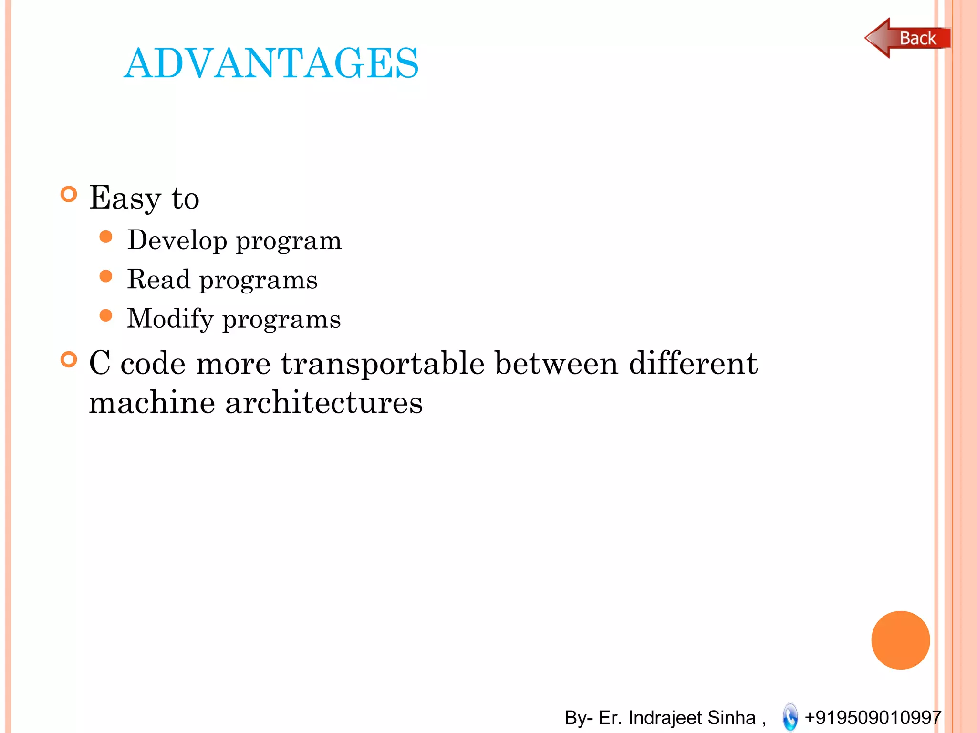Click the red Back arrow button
click(x=906, y=38)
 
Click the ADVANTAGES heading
click(x=271, y=63)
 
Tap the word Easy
click(x=125, y=198)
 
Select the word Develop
click(x=177, y=240)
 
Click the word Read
click(x=158, y=279)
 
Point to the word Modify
click(x=170, y=319)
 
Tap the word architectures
click(x=324, y=402)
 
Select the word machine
click(x=152, y=402)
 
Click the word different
click(x=693, y=363)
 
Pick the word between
click(x=557, y=363)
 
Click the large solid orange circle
click(x=900, y=640)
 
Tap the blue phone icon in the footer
click(x=790, y=717)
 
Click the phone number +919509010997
click(x=873, y=717)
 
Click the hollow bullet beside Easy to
click(x=69, y=194)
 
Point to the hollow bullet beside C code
click(x=69, y=360)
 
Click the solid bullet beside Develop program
click(x=106, y=237)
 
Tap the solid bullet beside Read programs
click(x=106, y=276)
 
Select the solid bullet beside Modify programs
click(x=106, y=315)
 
